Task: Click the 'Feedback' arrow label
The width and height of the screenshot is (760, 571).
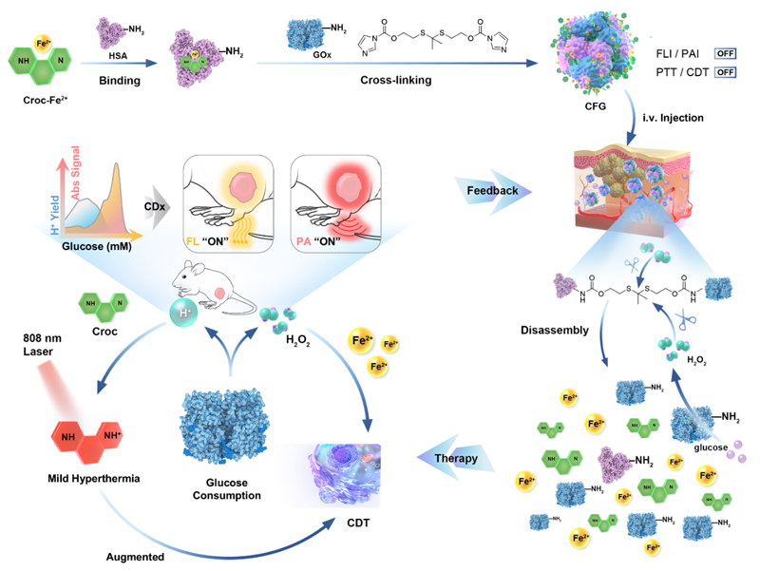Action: tap(492, 190)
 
